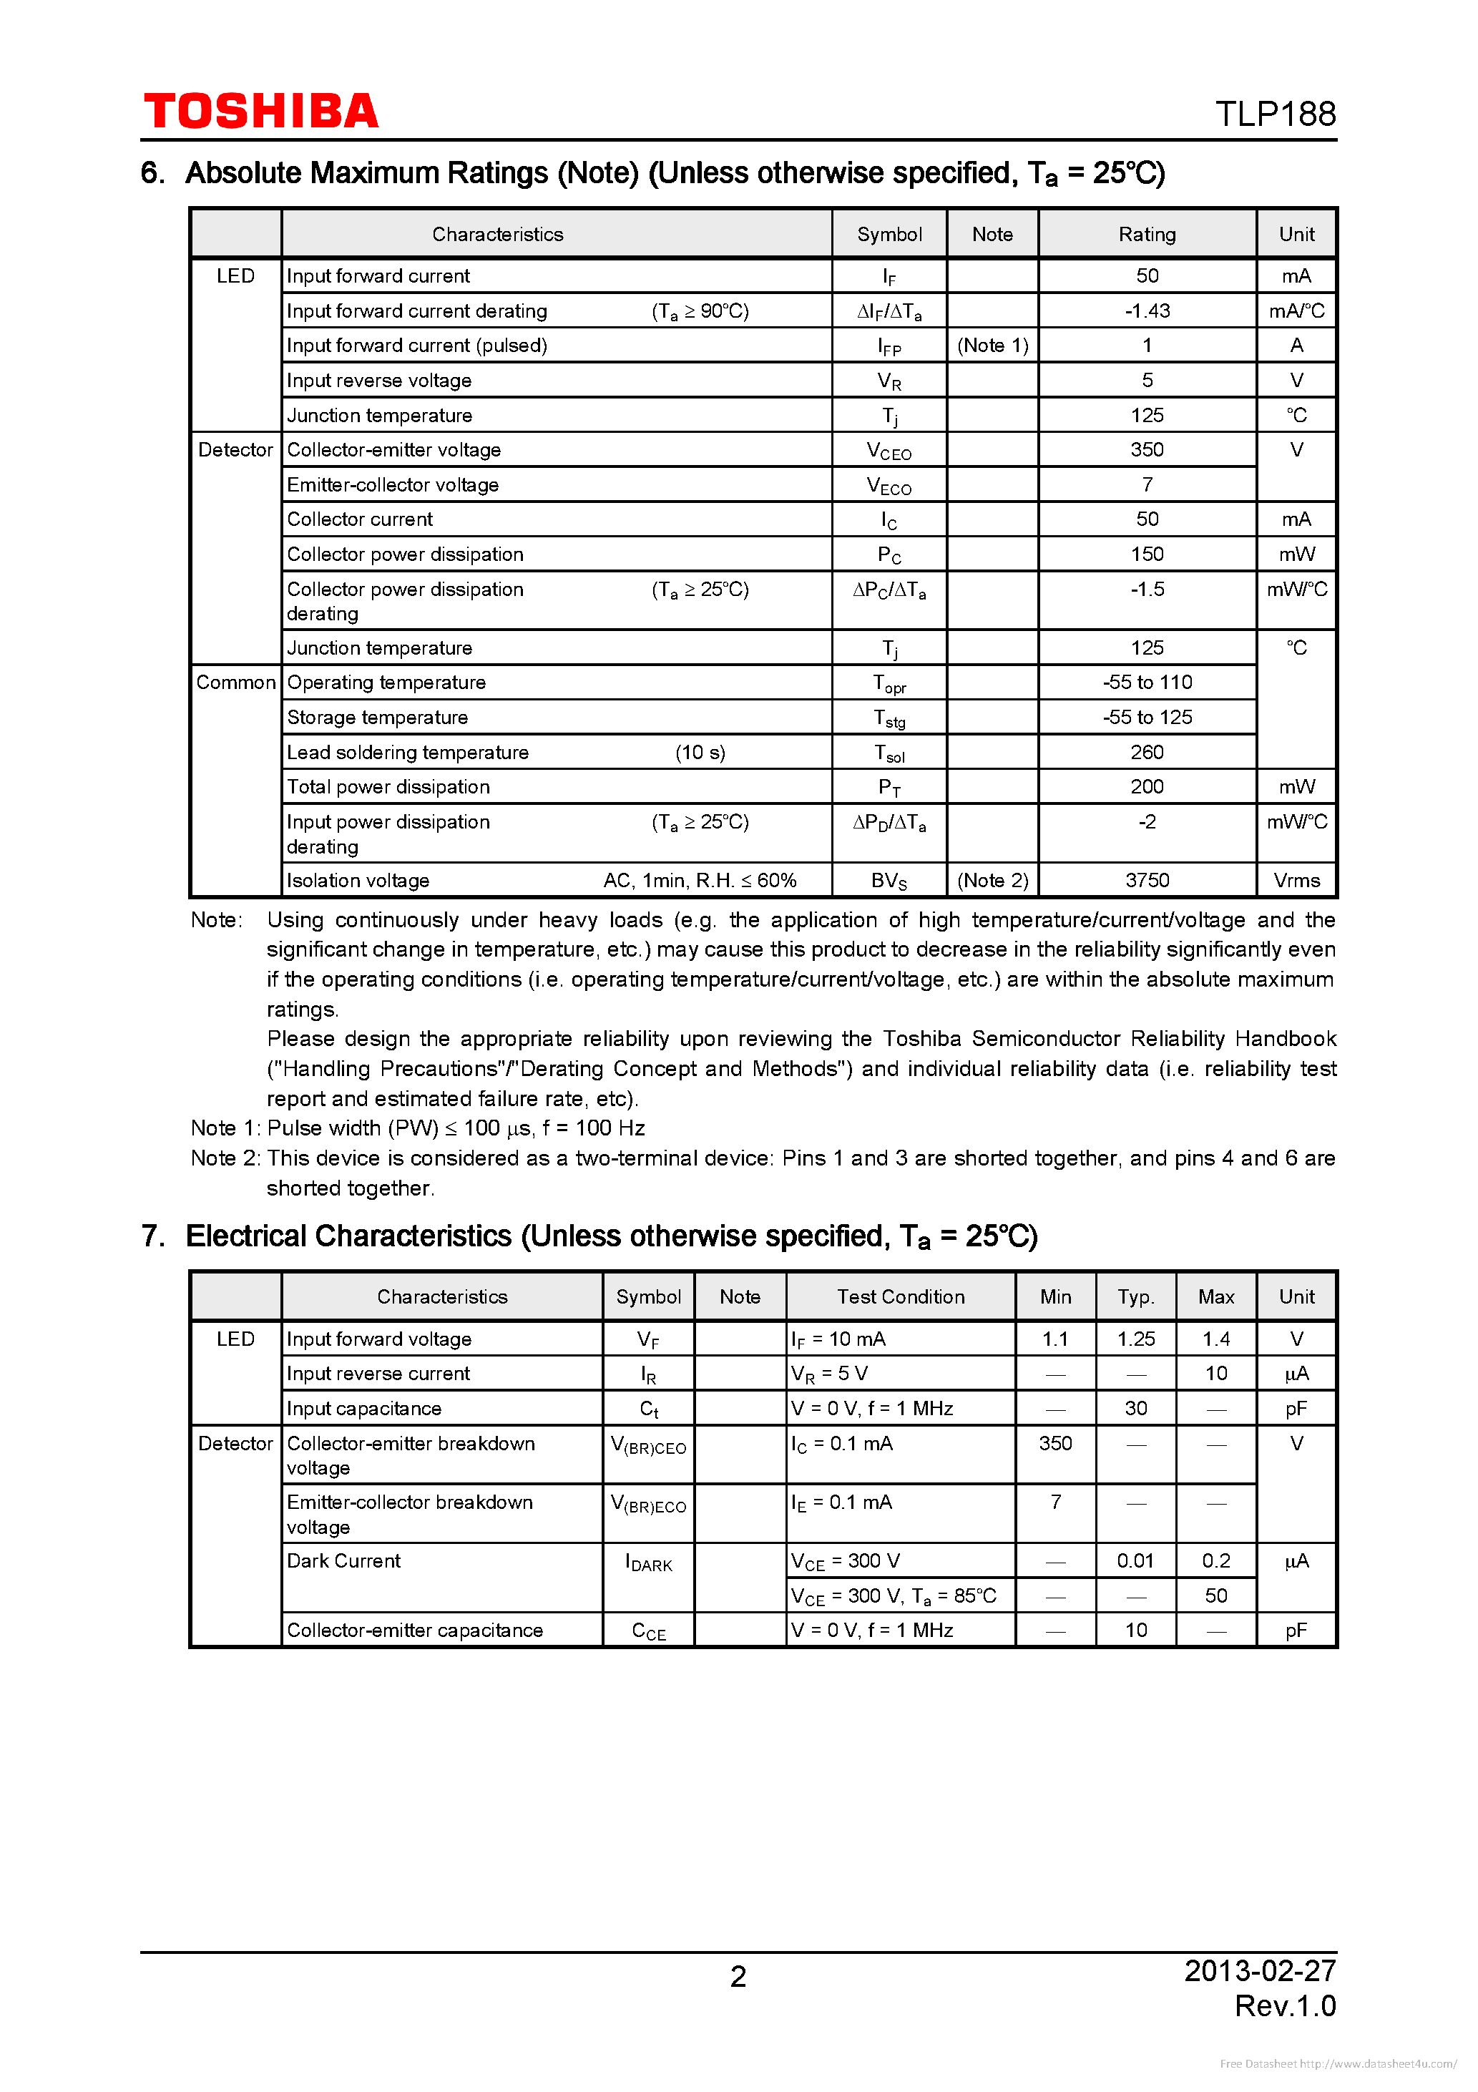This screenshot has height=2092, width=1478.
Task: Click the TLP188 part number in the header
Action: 1275,114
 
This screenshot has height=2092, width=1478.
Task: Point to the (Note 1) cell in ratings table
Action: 992,346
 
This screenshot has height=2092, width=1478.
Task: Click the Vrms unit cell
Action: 1296,880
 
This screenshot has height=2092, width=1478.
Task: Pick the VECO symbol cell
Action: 889,486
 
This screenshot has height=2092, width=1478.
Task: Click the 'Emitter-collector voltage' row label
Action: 393,485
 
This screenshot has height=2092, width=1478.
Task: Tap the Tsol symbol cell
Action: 889,753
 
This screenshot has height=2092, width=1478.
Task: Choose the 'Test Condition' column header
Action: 900,1296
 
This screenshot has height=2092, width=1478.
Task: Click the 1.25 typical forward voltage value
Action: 1135,1339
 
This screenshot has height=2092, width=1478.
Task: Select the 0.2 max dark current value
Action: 1215,1561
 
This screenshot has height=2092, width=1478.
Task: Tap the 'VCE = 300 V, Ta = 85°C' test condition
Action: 893,1596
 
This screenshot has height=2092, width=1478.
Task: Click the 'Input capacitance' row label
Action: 363,1409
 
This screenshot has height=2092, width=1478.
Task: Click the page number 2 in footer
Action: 738,1975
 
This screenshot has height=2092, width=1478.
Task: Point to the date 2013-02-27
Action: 1259,1971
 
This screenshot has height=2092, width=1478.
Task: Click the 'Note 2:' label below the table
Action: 224,1158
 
